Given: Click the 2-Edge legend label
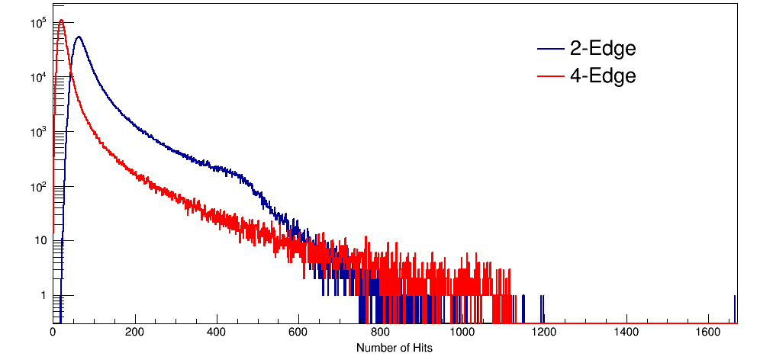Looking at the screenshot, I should tap(602, 50).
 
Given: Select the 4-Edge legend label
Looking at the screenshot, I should tap(602, 76).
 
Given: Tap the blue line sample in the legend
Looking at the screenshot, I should tap(550, 50).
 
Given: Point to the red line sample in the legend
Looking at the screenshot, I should tap(550, 76).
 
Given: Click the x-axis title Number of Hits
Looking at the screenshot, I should tap(394, 348).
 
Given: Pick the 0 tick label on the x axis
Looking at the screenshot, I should tap(53, 333).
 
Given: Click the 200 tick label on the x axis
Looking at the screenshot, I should tap(135, 333).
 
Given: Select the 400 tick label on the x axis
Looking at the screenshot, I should tap(217, 333).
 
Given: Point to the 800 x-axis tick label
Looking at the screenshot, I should tap(381, 333).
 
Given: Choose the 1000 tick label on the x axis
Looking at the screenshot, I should tap(462, 333).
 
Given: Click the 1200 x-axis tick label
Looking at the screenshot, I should tap(544, 333).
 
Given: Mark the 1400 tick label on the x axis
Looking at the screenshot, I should tap(626, 333).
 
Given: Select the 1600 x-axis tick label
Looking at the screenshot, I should tap(708, 333).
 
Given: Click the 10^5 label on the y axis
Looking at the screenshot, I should tap(37, 23).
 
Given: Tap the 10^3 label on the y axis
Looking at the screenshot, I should tap(37, 132).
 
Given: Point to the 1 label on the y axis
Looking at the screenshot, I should tap(43, 295).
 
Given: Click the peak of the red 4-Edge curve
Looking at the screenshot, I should tap(61, 21).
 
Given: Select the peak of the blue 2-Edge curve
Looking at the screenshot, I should tap(78, 37).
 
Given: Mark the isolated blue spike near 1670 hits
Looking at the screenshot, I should tap(735, 305).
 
